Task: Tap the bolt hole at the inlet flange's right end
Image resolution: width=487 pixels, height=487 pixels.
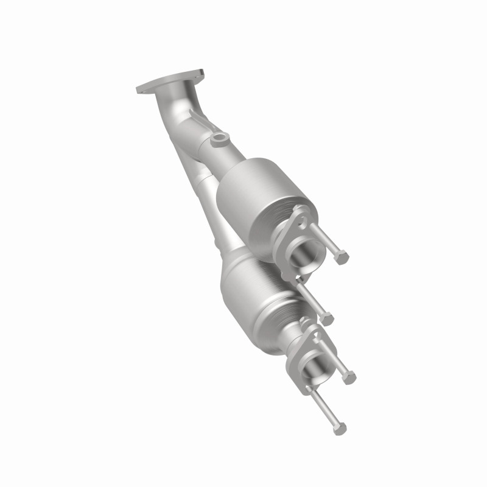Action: pyautogui.click(x=197, y=75)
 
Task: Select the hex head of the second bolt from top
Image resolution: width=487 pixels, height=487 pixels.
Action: pyautogui.click(x=328, y=317)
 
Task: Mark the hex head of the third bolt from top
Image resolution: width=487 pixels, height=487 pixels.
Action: pyautogui.click(x=349, y=377)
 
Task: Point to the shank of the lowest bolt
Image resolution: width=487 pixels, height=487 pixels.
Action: pyautogui.click(x=326, y=408)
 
